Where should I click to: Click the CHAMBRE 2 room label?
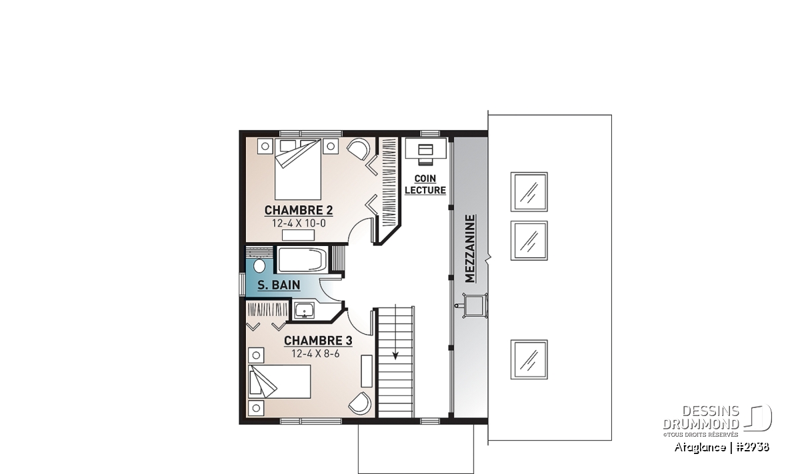[x=299, y=210]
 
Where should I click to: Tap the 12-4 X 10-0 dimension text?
[x=299, y=223]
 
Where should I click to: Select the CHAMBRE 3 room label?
[x=318, y=341]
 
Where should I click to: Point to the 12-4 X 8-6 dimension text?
[x=315, y=354]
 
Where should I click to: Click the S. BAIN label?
[x=279, y=285]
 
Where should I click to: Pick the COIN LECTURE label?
[x=425, y=184]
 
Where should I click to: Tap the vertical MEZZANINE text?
[x=471, y=249]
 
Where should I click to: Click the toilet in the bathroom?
[x=259, y=266]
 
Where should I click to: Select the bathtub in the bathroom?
[x=302, y=259]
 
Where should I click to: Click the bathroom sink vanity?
[x=304, y=311]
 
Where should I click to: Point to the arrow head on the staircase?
[x=395, y=356]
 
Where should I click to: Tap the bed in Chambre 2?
[x=298, y=169]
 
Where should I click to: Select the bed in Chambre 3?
[x=279, y=381]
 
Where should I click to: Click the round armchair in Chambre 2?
[x=359, y=151]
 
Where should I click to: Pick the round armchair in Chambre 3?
[x=360, y=403]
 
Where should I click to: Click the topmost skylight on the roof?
[x=529, y=192]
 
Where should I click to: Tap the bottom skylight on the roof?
[x=529, y=359]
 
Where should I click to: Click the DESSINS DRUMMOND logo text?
[x=701, y=417]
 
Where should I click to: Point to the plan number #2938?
[x=753, y=447]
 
